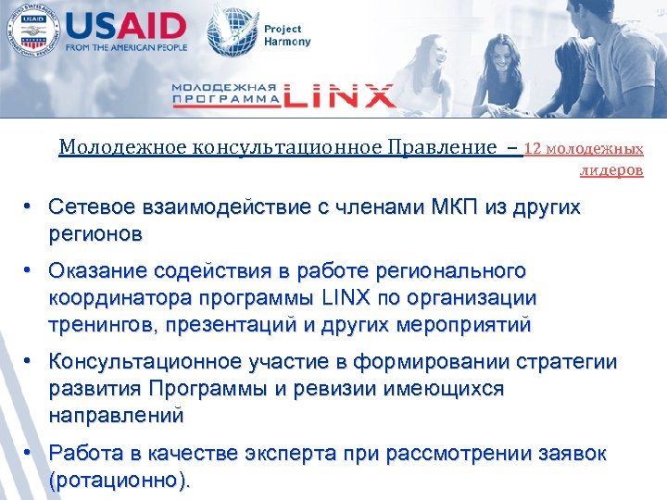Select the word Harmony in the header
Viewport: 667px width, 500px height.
(x=288, y=42)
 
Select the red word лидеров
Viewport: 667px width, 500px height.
(x=611, y=170)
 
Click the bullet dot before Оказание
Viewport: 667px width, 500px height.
(x=31, y=271)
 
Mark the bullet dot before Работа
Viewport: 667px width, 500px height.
(x=31, y=454)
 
